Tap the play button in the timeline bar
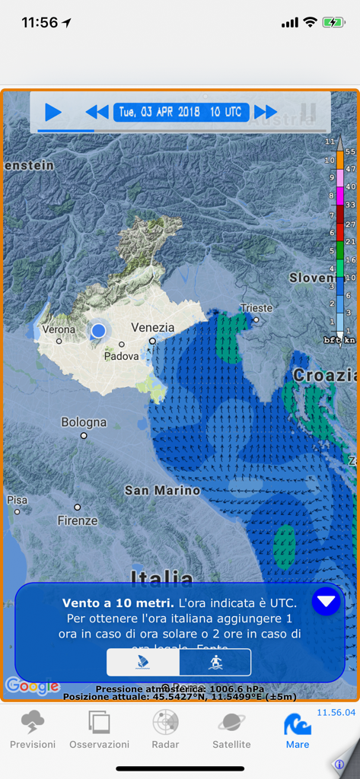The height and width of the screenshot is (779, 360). tap(53, 113)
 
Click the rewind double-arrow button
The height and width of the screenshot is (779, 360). tap(97, 113)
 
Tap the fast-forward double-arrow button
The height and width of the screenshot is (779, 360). tap(266, 113)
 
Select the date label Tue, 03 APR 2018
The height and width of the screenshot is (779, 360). tap(160, 113)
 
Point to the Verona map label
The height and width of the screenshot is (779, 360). tap(59, 329)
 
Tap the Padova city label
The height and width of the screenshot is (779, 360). tap(122, 355)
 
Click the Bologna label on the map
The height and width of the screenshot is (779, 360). tap(84, 421)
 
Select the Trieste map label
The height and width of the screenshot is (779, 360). tap(256, 308)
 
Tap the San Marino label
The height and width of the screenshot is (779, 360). tap(162, 491)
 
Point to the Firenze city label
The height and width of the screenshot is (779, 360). tap(78, 521)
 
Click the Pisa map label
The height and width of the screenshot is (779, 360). tap(17, 500)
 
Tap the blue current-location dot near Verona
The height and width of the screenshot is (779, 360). tap(98, 331)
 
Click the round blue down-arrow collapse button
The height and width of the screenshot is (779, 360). tap(326, 602)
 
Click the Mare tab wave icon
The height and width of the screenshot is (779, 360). tap(298, 724)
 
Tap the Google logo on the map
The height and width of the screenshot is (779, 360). tap(32, 686)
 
